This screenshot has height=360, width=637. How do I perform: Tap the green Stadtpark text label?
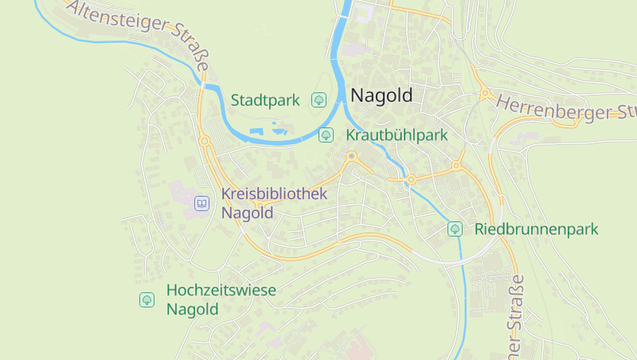pos(265,100)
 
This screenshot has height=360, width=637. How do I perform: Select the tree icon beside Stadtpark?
pos(318,100)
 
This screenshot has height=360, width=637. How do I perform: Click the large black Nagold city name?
pos(382,96)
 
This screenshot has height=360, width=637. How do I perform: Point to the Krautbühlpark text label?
pos(397,135)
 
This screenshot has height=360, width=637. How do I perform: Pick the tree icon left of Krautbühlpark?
pos(326,135)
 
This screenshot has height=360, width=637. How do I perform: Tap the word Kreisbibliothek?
pos(274,194)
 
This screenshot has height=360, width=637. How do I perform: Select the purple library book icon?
pos(202,204)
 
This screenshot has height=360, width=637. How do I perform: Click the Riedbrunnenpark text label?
pos(536,229)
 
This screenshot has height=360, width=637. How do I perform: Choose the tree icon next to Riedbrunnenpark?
pos(455,229)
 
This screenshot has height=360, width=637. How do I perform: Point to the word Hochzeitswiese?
pos(221,291)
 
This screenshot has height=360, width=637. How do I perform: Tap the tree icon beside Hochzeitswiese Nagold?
pos(147,299)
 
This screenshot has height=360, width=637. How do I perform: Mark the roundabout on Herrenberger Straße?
pos(485,93)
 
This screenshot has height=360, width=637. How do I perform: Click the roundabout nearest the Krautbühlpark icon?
pos(351,156)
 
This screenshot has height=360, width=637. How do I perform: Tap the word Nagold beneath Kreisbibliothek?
pos(247,213)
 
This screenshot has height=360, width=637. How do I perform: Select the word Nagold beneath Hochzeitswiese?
pos(192,310)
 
